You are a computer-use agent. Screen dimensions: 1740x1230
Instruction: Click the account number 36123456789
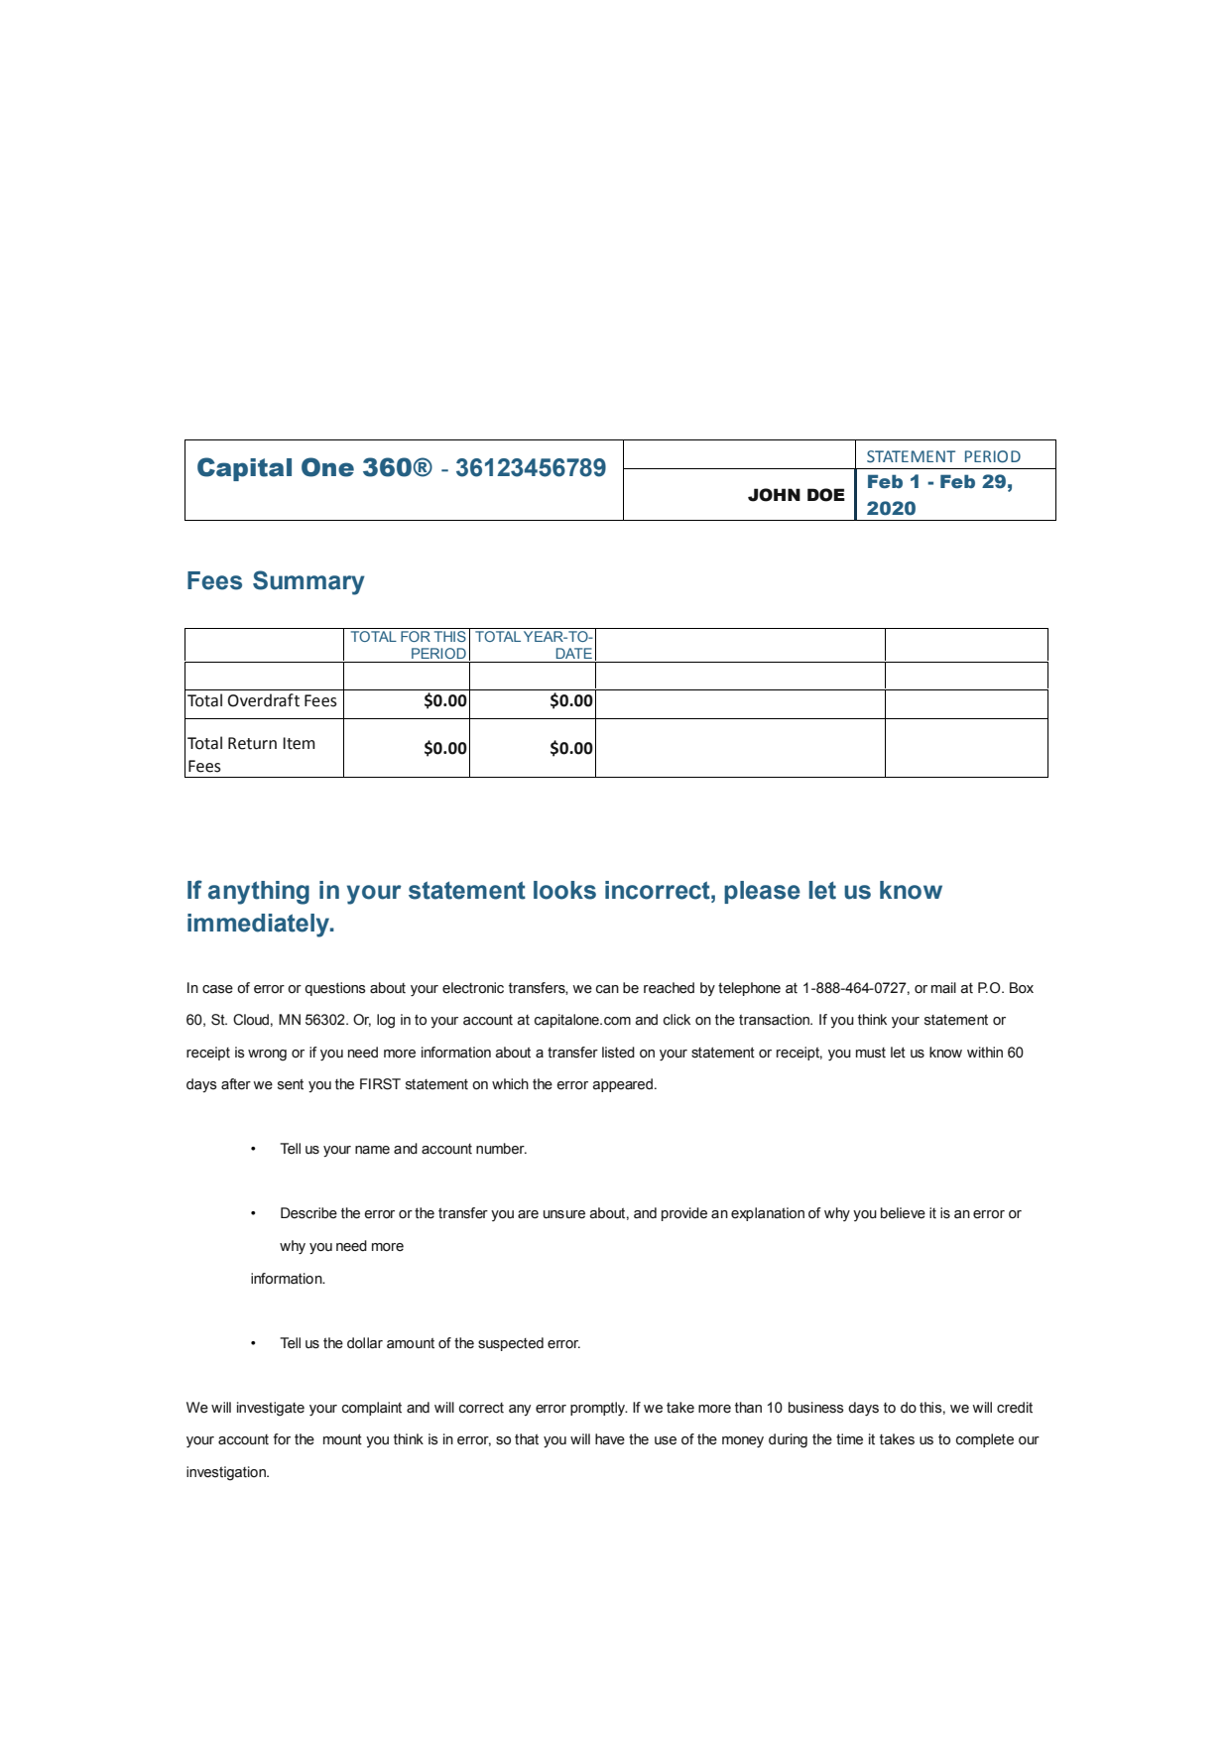pyautogui.click(x=530, y=468)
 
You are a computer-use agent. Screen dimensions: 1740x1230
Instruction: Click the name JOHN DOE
pyautogui.click(x=796, y=495)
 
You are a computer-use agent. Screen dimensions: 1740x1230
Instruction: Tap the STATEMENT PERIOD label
pyautogui.click(x=942, y=456)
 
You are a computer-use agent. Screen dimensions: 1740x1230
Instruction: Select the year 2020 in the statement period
pyautogui.click(x=891, y=509)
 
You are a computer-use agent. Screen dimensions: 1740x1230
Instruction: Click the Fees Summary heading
pyautogui.click(x=275, y=581)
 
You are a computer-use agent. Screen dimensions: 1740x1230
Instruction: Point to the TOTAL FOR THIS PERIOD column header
pyautogui.click(x=408, y=645)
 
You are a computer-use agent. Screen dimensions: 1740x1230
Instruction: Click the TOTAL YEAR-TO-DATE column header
pyautogui.click(x=534, y=645)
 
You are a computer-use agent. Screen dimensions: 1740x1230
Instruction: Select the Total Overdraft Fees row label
pyautogui.click(x=262, y=701)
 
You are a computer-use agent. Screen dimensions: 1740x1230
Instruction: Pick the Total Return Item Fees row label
pyautogui.click(x=251, y=755)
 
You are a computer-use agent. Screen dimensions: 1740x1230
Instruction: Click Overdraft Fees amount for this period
pyautogui.click(x=444, y=701)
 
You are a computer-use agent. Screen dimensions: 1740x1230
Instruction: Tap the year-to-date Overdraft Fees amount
pyautogui.click(x=571, y=701)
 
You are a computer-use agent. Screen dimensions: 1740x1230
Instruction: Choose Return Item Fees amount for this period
pyautogui.click(x=444, y=749)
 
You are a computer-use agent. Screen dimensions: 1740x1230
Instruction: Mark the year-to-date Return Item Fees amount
pyautogui.click(x=571, y=749)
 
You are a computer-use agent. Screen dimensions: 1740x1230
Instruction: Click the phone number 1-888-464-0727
pyautogui.click(x=854, y=988)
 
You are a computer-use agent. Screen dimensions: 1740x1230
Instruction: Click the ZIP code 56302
pyautogui.click(x=325, y=1020)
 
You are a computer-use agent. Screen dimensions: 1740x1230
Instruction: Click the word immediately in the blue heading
pyautogui.click(x=260, y=924)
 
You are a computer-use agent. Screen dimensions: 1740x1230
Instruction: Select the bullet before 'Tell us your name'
pyautogui.click(x=253, y=1149)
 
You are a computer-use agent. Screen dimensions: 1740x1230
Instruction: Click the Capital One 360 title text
pyautogui.click(x=313, y=468)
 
